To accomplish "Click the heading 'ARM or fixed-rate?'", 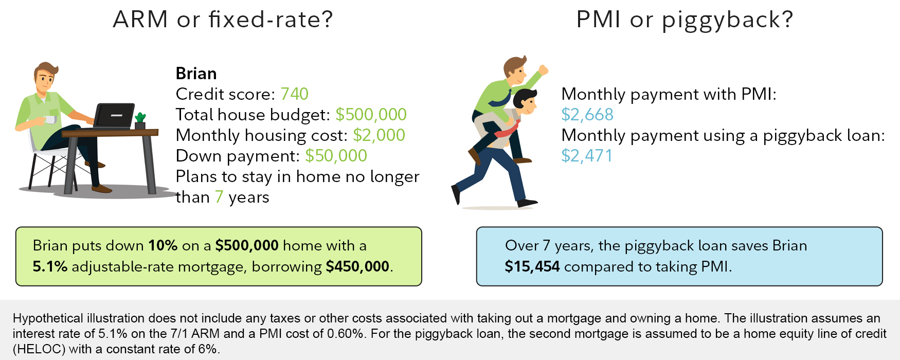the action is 223,20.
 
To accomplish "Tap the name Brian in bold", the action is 196,74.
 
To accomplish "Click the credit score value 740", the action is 294,94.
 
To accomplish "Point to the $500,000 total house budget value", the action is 371,115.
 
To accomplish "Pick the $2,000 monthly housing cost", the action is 379,135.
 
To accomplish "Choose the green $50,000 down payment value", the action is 336,156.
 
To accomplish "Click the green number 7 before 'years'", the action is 219,197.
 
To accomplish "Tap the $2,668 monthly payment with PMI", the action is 587,115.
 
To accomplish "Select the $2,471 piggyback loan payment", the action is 587,156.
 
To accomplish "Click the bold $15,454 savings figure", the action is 532,266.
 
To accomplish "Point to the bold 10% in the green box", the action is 163,245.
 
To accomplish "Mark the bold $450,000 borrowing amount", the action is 357,266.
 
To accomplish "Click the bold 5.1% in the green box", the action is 50,266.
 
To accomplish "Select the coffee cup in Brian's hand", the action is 50,119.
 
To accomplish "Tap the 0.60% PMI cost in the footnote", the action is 345,334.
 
